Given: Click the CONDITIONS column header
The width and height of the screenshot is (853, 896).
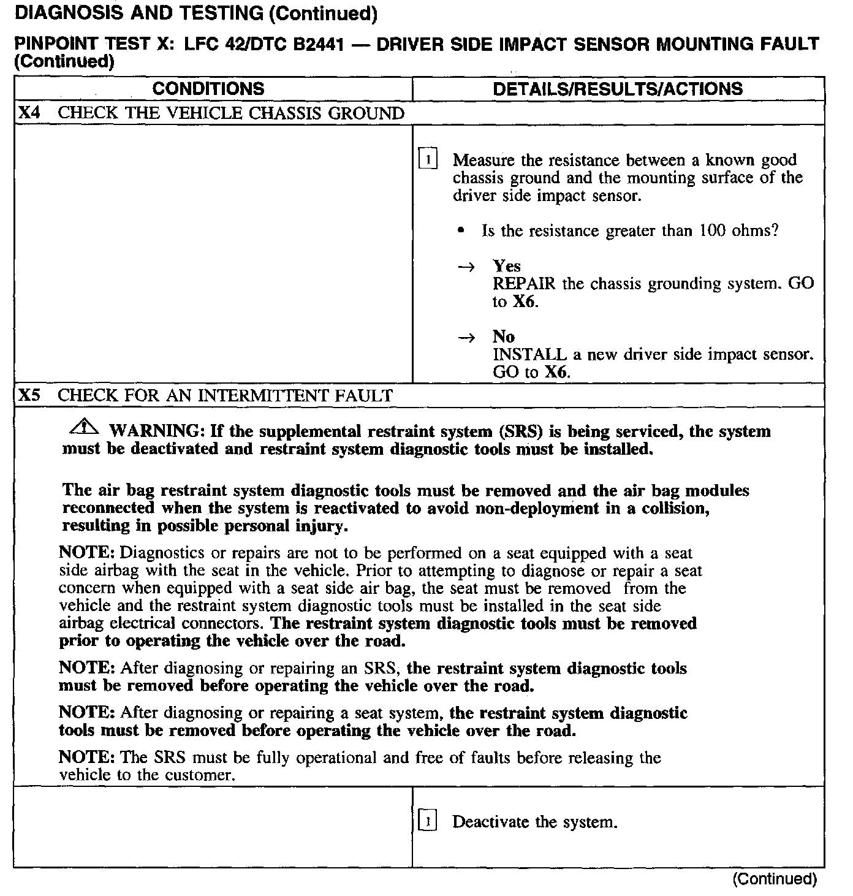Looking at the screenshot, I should coord(208,89).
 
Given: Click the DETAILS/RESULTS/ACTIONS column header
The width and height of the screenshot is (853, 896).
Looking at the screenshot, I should coord(618,89).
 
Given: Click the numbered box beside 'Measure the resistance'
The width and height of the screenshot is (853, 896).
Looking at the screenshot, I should coord(428,159).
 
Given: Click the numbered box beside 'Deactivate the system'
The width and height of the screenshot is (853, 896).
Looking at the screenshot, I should coord(428,821).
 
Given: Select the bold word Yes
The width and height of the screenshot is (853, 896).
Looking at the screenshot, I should coord(507,266).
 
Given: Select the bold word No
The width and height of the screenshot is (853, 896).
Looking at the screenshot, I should coord(504,336).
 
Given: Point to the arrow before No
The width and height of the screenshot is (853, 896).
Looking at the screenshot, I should coord(467,337).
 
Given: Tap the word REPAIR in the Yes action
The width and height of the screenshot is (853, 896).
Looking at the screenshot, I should coord(524,284).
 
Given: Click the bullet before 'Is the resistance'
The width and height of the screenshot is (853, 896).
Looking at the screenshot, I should coord(460,231).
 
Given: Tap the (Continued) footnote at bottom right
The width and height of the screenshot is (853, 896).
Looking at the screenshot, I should coord(775,879).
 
